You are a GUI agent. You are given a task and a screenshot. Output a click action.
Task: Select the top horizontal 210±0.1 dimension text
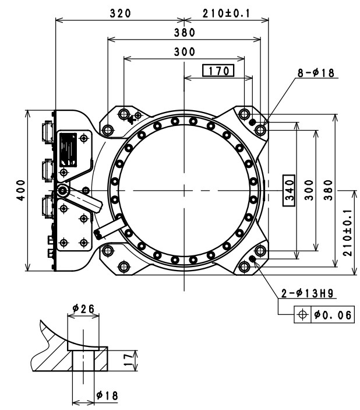pos(226,13)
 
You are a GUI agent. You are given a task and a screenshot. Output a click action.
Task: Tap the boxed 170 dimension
pos(218,71)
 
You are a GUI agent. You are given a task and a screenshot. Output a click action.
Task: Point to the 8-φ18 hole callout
pos(317,73)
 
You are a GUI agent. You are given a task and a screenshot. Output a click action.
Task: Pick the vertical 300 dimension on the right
pos(309,190)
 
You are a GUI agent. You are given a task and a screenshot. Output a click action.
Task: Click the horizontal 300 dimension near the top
pos(184,51)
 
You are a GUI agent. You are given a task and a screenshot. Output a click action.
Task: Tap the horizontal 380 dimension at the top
pos(184,33)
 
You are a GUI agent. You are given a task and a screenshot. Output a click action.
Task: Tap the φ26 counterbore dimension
pos(83,309)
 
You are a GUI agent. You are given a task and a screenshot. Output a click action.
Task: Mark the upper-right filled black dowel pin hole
pos(252,121)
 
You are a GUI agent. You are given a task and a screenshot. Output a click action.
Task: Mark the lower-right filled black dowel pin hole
pos(252,259)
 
